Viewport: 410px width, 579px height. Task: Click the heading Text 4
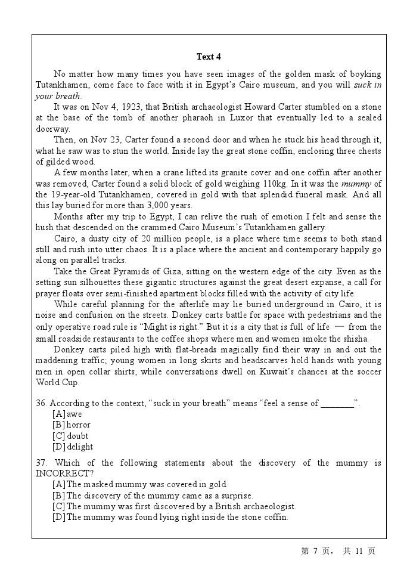209,57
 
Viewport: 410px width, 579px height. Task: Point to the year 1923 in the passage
130,107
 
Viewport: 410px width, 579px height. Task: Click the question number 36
41,403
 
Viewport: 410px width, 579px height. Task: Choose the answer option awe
74,414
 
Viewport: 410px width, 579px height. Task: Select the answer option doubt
77,436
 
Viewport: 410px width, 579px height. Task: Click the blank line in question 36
337,404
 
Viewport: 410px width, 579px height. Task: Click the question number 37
41,463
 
